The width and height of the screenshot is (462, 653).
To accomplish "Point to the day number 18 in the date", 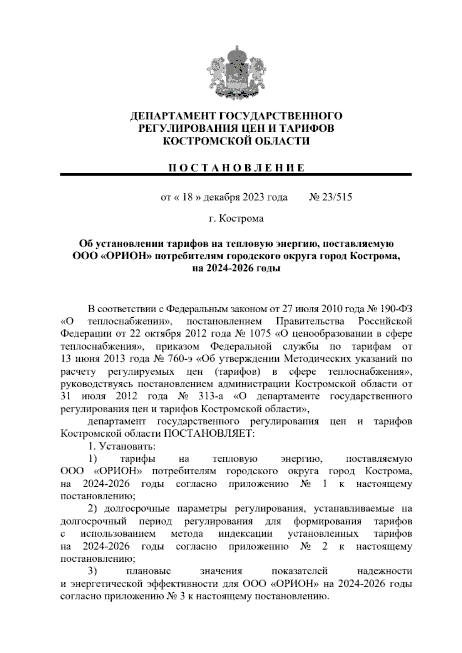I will tap(187, 198).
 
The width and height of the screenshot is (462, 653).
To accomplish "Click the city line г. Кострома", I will tap(236, 219).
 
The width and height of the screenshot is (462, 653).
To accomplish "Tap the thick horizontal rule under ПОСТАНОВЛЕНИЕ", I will tap(236, 175).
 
